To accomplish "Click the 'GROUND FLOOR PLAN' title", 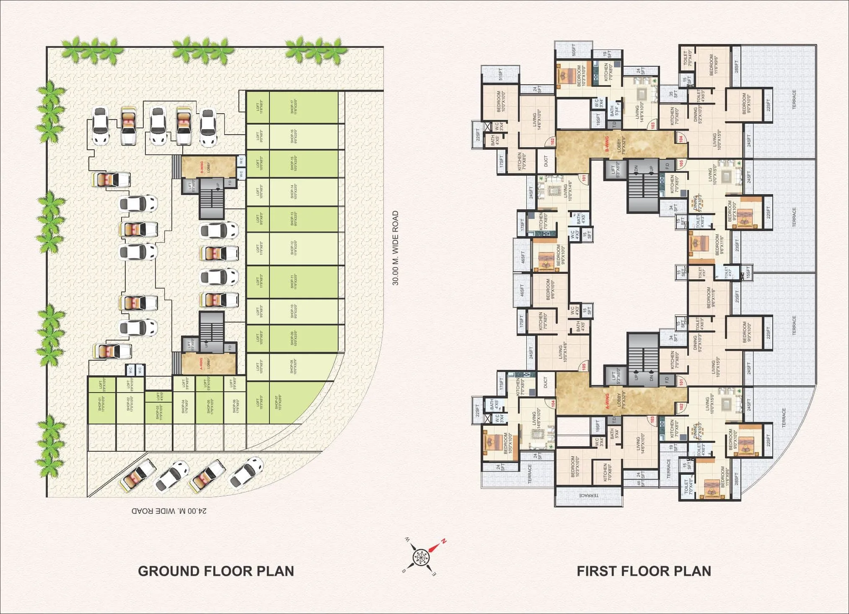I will (x=216, y=571).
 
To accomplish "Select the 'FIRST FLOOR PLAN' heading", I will (x=644, y=571).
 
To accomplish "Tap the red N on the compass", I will (x=443, y=541).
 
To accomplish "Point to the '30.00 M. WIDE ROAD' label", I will (x=395, y=248).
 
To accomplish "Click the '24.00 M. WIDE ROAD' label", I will (x=169, y=511).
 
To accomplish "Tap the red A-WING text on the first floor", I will (x=606, y=401).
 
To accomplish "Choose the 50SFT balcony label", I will (x=574, y=50).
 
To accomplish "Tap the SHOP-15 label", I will (x=292, y=164).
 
